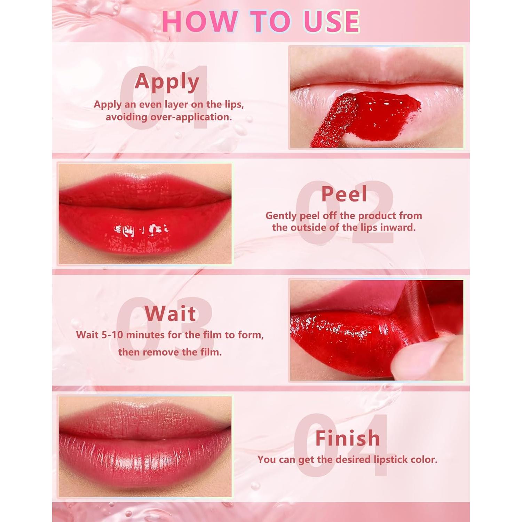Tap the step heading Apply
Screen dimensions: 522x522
pos(167,82)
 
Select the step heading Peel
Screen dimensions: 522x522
pos(344,194)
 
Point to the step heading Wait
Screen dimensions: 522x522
pos(170,314)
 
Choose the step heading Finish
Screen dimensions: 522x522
pos(347,438)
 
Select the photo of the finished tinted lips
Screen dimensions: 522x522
pos(145,446)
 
